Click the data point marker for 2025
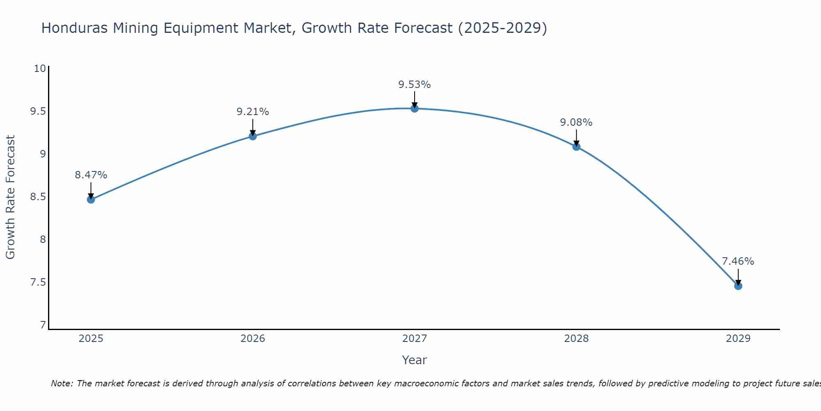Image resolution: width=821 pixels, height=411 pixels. [91, 200]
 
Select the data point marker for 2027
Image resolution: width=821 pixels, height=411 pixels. [415, 109]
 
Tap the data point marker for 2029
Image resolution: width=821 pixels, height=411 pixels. [738, 286]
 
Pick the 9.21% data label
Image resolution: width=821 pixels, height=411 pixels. [252, 112]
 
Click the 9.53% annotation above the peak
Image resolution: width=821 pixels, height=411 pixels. [415, 85]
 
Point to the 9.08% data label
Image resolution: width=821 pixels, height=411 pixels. [576, 122]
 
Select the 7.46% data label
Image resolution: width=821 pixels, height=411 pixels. [738, 261]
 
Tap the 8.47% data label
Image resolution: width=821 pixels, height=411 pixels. [91, 175]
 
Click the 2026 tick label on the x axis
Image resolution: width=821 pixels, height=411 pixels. [252, 339]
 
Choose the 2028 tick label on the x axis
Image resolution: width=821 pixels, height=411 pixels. [576, 339]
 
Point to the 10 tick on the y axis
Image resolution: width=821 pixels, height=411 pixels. [40, 69]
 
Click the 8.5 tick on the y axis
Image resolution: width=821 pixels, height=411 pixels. [38, 197]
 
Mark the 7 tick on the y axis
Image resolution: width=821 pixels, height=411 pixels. [43, 325]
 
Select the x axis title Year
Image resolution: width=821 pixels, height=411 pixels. [415, 360]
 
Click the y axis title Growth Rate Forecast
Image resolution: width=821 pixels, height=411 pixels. [11, 197]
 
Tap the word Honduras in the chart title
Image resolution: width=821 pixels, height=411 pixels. [74, 28]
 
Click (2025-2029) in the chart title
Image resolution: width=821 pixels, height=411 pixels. [502, 28]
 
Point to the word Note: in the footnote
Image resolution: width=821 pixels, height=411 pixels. [62, 384]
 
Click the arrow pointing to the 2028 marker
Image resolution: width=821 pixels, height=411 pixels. [576, 137]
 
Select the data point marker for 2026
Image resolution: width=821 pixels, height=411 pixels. [252, 136]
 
